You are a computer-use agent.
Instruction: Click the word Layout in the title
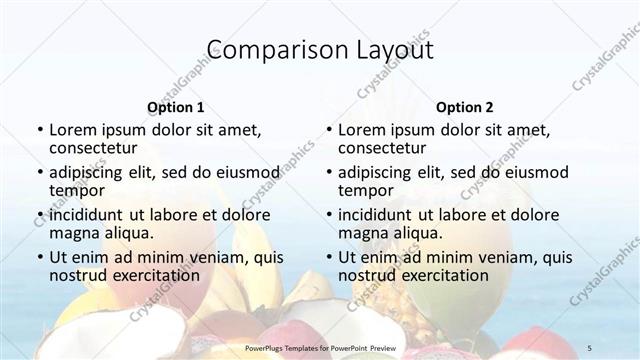[x=393, y=49]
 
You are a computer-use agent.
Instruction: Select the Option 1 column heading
[x=175, y=107]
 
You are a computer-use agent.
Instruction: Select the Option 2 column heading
[x=464, y=107]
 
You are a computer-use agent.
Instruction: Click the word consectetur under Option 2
[x=385, y=148]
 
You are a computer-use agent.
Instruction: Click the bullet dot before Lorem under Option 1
[x=39, y=131]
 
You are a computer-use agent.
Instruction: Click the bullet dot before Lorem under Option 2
[x=328, y=131]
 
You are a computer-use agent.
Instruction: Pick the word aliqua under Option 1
[x=129, y=233]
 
